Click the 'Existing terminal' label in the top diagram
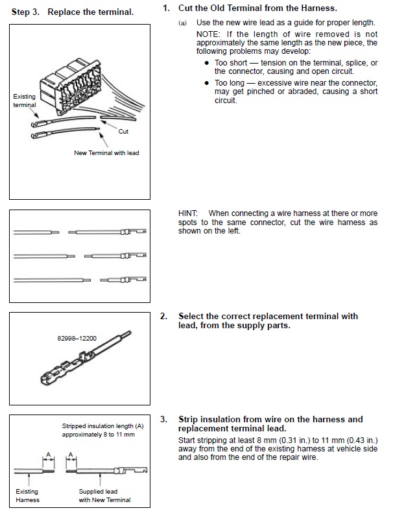point(25,101)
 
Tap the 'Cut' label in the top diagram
point(123,131)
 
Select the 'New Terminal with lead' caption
point(106,153)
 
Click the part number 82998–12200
point(78,338)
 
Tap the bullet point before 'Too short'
point(206,63)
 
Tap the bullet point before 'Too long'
point(206,83)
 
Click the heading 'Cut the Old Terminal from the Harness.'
point(257,8)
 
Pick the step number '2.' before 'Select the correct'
point(164,317)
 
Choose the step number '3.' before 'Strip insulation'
point(164,420)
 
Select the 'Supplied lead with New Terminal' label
point(104,496)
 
